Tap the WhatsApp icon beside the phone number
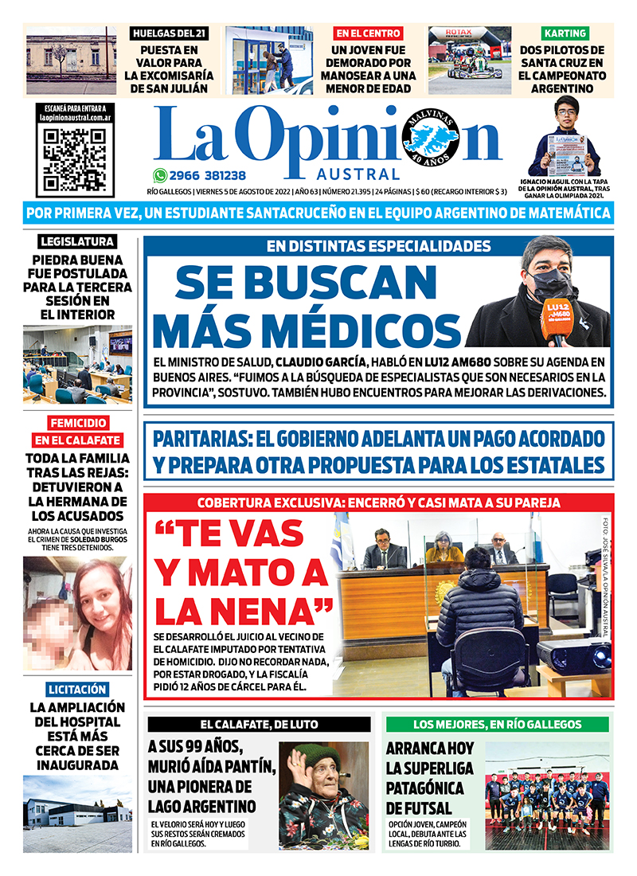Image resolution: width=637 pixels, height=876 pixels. click(160, 176)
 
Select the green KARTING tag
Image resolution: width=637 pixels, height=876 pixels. click(565, 33)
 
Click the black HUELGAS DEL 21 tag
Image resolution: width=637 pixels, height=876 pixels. click(170, 33)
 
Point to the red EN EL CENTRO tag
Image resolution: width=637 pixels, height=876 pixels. click(368, 33)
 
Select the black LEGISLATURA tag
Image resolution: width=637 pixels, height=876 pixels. click(77, 241)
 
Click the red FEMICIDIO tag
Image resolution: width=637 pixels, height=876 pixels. click(77, 422)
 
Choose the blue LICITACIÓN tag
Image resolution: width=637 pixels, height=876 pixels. click(77, 689)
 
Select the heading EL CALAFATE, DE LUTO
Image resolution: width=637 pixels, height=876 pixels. click(259, 725)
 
